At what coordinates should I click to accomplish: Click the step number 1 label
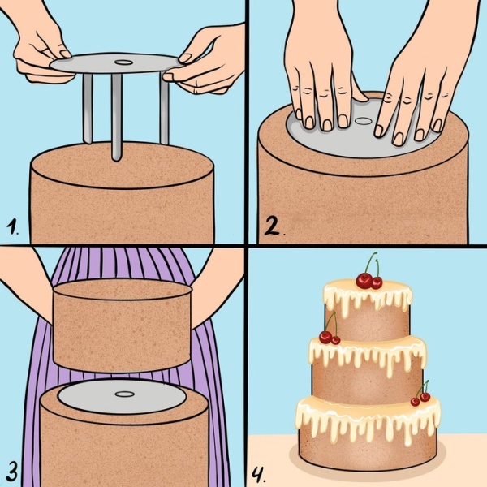12,226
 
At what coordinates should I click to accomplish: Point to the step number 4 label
258,475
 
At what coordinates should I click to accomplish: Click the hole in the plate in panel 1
123,62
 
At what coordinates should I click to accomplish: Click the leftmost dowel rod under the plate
88,109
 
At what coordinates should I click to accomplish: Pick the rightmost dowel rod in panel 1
164,109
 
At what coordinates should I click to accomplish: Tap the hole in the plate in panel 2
361,121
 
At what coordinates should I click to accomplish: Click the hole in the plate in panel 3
124,394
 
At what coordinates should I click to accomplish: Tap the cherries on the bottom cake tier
420,395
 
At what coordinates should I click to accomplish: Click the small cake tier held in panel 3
123,325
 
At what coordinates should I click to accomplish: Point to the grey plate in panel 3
122,397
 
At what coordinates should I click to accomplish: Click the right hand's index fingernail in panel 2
378,131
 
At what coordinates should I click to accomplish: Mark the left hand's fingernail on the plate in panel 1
65,54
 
